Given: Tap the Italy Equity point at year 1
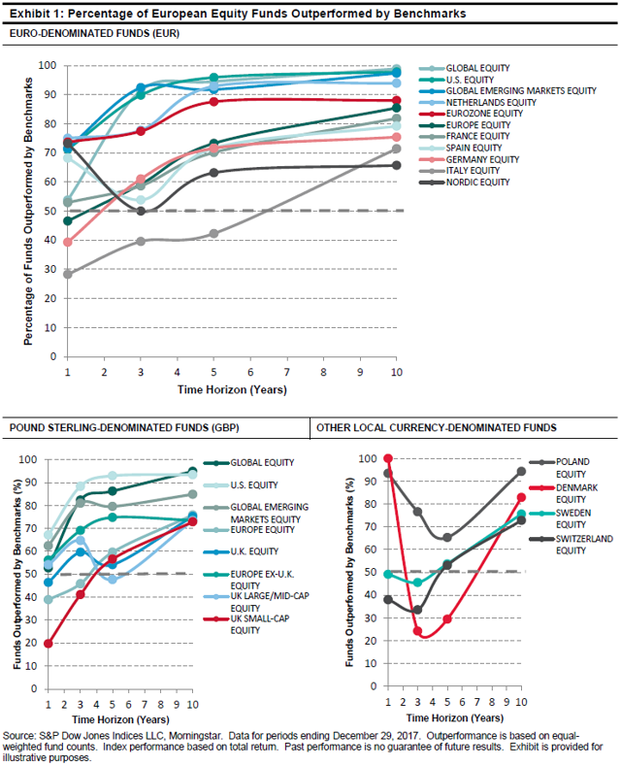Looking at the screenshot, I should (x=68, y=274).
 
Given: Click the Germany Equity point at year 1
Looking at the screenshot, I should (x=68, y=242).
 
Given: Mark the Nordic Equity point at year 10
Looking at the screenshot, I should (x=396, y=165).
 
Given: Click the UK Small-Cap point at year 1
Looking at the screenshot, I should (x=49, y=643).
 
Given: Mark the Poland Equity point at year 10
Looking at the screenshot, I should (x=521, y=471).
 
